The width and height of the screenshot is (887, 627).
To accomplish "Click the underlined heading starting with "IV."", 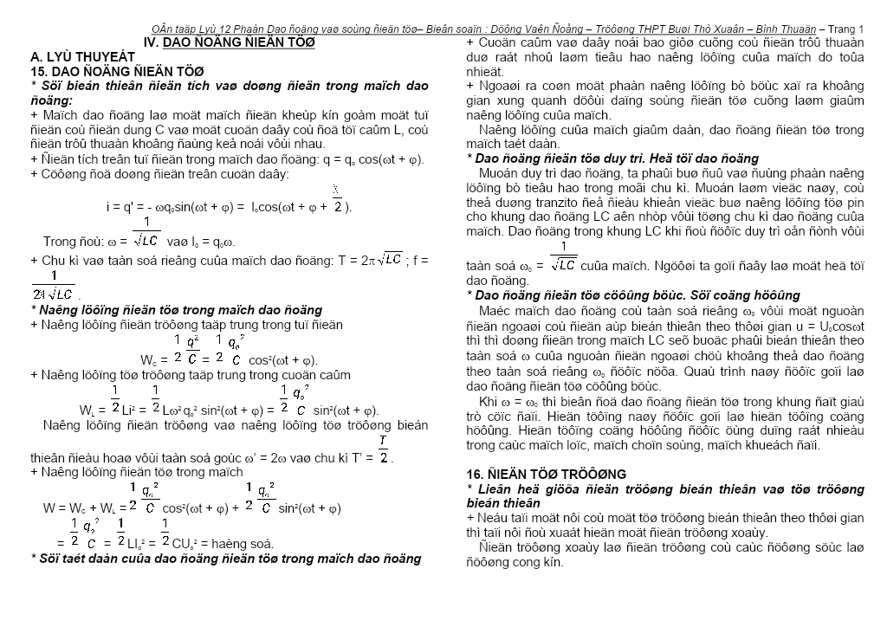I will pyautogui.click(x=228, y=42).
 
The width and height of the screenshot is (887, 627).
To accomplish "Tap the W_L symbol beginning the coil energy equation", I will pyautogui.click(x=87, y=410).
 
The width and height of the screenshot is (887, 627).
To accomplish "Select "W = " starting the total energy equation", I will pyautogui.click(x=55, y=508).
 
